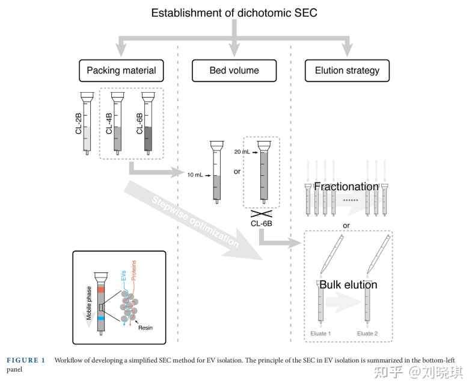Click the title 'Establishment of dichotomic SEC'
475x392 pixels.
coord(234,13)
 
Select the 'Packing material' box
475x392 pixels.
coord(121,70)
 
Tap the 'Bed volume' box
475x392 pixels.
coord(234,70)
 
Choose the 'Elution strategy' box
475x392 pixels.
coord(347,70)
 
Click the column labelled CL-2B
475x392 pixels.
coord(87,123)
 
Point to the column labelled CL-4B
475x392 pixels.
coord(118,123)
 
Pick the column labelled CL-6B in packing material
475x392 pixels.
coord(148,123)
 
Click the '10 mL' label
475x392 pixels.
coord(195,175)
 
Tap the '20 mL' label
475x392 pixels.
coord(243,153)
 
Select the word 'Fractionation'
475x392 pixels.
coord(346,187)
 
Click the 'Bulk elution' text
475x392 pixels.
coord(348,285)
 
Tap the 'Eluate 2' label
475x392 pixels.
coord(367,333)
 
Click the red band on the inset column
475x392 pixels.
coord(100,290)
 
